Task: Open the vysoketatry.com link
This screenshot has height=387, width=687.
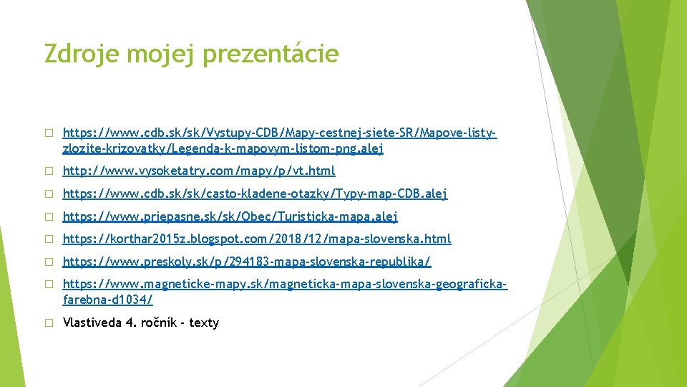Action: click(x=199, y=171)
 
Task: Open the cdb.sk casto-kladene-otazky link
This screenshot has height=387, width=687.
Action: click(x=255, y=193)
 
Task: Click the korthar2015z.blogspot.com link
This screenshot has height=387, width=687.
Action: click(x=257, y=239)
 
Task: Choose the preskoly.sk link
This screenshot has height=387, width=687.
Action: click(x=247, y=262)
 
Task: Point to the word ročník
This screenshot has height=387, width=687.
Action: click(x=161, y=322)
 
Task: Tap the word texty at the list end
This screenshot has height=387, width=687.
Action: click(x=204, y=322)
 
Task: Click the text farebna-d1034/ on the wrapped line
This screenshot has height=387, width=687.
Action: click(x=107, y=300)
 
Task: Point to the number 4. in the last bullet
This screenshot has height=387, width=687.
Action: click(x=130, y=322)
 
